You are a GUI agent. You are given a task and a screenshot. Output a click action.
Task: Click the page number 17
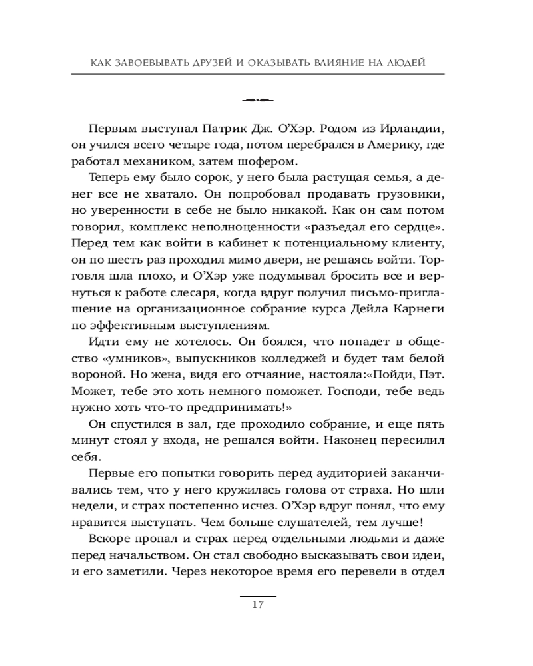tap(258, 605)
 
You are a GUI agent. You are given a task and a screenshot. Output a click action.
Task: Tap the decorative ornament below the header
tap(258, 101)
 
